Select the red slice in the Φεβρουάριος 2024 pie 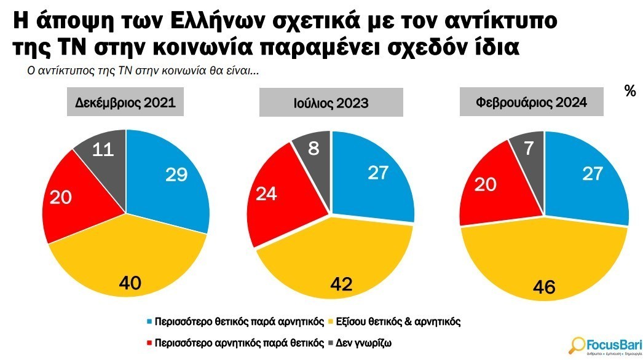(x=492, y=184)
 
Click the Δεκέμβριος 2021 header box (x=125, y=103)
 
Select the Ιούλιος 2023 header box (x=331, y=103)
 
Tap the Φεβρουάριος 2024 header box (x=531, y=103)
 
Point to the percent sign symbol (x=629, y=91)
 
